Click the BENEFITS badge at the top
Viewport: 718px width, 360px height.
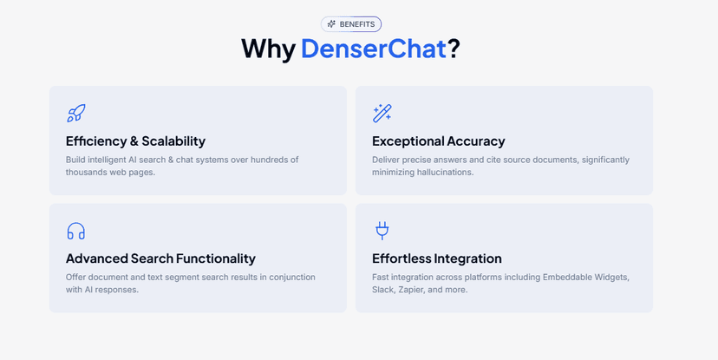[351, 24]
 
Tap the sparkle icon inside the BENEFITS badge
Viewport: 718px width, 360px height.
[331, 24]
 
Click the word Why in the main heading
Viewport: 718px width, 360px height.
[268, 49]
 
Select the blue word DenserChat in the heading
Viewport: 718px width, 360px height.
[373, 49]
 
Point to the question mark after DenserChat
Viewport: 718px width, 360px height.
[454, 49]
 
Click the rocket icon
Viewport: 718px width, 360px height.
[76, 113]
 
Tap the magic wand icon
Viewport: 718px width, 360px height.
[382, 113]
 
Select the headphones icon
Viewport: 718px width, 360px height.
[76, 231]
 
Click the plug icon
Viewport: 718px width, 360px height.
[382, 230]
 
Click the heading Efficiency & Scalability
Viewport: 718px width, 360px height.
[135, 141]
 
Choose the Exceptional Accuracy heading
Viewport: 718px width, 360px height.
[438, 141]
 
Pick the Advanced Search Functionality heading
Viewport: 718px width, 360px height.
[160, 259]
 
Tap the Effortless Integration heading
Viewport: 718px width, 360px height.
[436, 259]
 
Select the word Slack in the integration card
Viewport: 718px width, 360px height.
[383, 290]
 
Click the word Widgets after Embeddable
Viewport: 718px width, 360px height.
[611, 278]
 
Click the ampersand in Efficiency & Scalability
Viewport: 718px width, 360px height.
[134, 141]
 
